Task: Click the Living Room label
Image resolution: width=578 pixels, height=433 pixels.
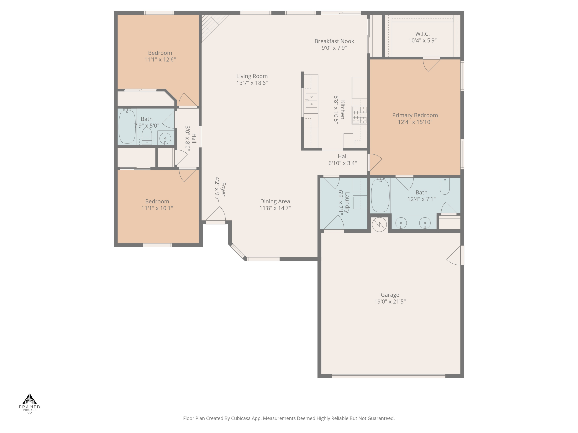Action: coord(252,76)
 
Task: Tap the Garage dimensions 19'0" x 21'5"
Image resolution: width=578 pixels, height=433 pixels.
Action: coord(390,301)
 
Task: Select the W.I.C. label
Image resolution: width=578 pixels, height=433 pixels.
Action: coord(422,34)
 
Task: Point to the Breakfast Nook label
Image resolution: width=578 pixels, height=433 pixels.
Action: coord(334,41)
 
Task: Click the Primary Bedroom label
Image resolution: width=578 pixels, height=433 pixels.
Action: coord(415,115)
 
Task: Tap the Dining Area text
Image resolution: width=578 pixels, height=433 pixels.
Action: coord(275,201)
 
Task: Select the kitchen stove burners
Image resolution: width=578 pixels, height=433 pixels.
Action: coord(359,115)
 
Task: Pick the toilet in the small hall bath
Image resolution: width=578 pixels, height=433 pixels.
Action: coord(147,136)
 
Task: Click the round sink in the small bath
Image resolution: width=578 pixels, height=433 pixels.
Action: coord(165,138)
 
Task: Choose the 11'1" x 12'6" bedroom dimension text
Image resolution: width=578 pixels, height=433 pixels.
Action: coord(160,59)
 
